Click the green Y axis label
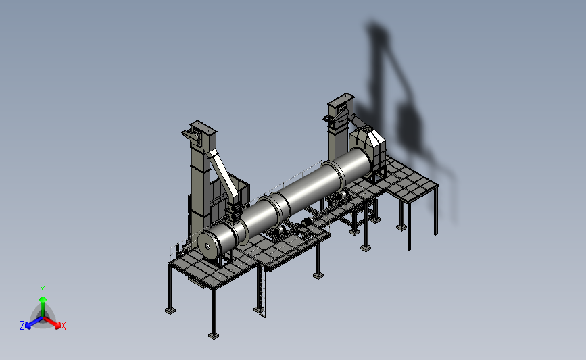coord(42,290)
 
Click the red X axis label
coord(63,326)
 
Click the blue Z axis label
coord(22,326)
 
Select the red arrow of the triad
coord(51,322)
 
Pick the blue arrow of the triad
coord(34,323)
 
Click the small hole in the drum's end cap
coord(207,246)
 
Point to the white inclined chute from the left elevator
coord(224,173)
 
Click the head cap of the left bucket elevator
coord(203,128)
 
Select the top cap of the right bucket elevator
coord(341,100)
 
